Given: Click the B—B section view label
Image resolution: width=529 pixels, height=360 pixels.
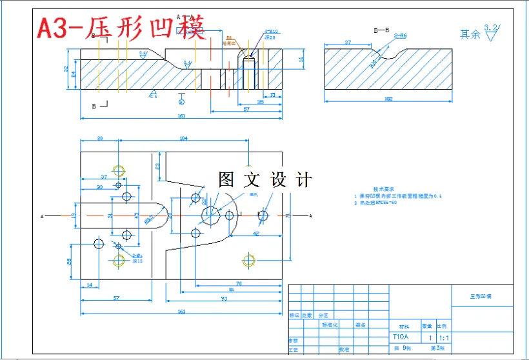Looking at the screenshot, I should point(381,30).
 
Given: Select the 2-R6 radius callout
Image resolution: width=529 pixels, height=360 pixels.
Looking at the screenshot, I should point(400,36).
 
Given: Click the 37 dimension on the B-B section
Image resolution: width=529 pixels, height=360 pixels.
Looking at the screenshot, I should point(348,43).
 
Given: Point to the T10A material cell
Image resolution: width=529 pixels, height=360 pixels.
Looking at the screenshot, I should point(401,337).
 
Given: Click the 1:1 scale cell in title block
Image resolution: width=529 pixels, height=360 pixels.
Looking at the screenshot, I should point(444,337).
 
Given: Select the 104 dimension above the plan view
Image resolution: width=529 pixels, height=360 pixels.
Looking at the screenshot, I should point(184,139).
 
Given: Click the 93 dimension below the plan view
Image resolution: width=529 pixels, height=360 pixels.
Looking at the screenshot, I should point(224,299).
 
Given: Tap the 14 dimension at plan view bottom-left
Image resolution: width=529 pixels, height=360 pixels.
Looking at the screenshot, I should point(89,284).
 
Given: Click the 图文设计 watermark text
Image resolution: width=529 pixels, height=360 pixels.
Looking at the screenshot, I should point(264,180).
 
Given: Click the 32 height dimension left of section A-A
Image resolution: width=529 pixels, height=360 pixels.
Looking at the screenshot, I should point(65,68).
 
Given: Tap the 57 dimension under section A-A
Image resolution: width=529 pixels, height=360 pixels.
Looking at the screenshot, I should point(246,110).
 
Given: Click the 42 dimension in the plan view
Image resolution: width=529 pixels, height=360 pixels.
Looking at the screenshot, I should point(256,233).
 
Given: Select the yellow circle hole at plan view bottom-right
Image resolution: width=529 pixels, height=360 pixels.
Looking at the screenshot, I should point(249,260).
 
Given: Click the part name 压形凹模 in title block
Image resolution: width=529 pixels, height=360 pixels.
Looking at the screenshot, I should point(481,297).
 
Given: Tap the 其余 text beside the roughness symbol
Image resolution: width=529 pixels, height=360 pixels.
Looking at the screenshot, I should point(470,34).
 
